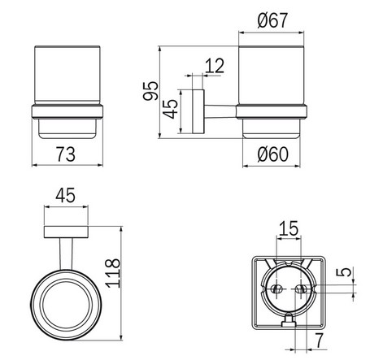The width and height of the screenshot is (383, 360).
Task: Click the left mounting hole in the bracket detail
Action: pos(276,289)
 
